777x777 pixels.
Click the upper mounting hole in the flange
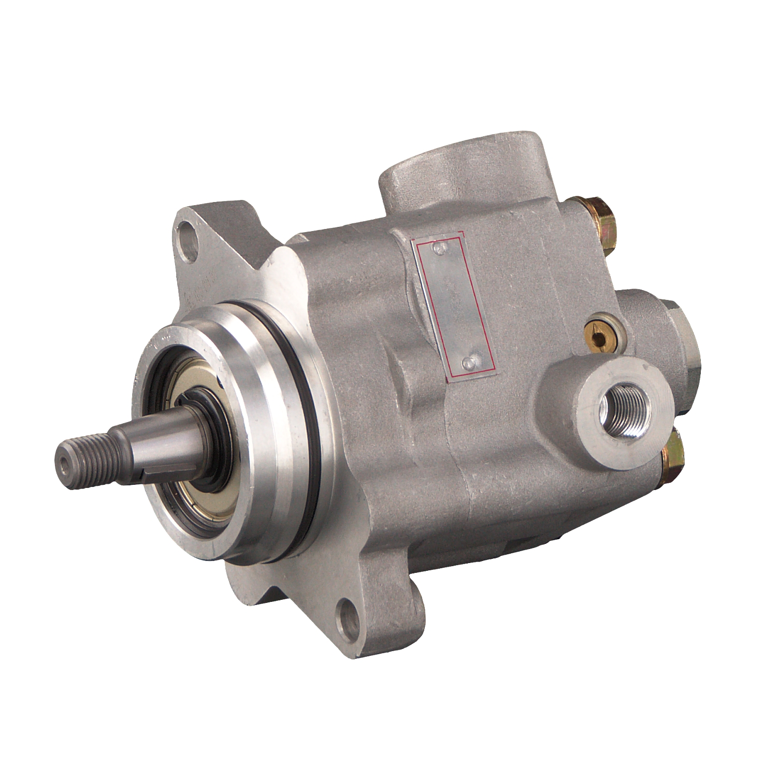(x=188, y=237)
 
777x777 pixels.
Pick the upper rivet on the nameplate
(x=441, y=250)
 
